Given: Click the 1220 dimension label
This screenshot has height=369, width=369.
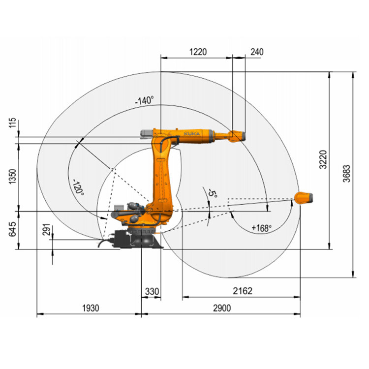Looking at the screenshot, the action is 198,52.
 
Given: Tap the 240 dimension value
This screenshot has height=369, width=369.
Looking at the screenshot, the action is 257,52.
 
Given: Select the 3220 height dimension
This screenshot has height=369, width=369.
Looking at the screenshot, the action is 323,159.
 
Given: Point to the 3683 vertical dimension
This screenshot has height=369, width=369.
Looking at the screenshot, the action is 346,174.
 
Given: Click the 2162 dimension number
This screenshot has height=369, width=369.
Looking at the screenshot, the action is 243,291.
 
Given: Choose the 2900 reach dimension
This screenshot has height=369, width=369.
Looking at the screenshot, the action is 222,308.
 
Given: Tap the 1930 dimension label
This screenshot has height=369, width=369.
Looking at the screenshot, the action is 91,308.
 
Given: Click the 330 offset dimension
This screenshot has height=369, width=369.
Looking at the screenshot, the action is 152,291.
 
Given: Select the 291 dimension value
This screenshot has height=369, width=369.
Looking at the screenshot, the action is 47,229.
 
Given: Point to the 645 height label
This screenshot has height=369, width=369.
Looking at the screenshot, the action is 12,229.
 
